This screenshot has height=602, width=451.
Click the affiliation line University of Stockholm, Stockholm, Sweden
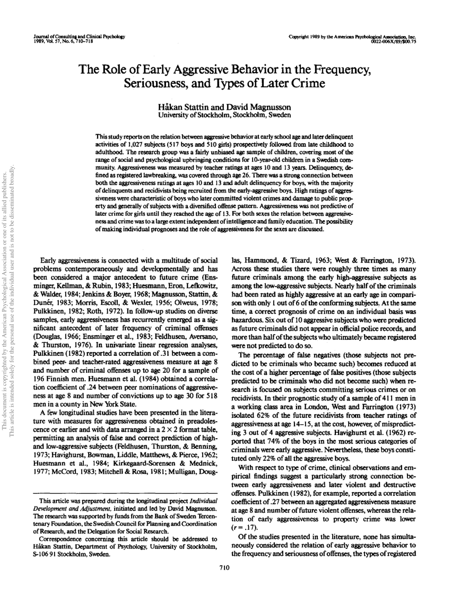pos(224,114)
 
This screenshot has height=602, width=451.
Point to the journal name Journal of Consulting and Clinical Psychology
pos(79,37)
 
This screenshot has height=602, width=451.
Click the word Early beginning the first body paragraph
pos(50,260)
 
